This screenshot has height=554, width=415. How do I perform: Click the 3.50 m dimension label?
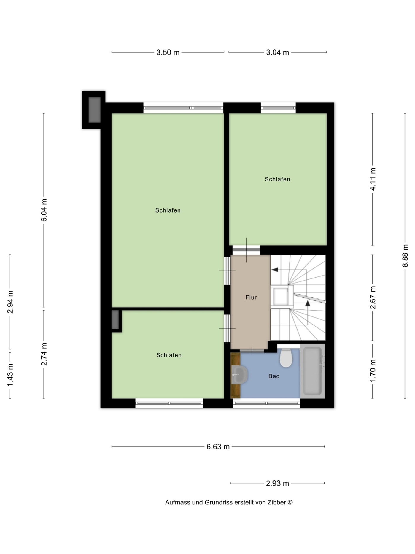(x=168, y=53)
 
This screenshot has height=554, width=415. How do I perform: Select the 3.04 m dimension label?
(x=277, y=53)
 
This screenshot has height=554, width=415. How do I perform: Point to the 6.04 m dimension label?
(x=44, y=210)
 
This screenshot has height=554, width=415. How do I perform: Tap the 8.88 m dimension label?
(x=405, y=256)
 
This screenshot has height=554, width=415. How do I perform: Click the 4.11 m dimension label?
(x=373, y=179)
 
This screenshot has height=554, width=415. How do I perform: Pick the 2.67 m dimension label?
(x=373, y=297)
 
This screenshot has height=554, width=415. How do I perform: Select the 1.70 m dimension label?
(x=373, y=371)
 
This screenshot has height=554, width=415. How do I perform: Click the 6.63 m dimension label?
(x=218, y=447)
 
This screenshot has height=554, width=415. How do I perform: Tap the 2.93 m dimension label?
(x=277, y=483)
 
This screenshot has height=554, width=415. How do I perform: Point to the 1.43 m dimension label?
(x=10, y=375)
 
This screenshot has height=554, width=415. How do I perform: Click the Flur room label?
(x=251, y=297)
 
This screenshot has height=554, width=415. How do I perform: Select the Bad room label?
(x=274, y=376)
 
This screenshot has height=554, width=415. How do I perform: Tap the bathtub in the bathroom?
(x=312, y=371)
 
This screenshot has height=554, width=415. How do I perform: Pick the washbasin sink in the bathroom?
(x=239, y=375)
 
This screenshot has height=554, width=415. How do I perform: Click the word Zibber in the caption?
(x=277, y=502)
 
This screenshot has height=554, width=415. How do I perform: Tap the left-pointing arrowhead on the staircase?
(x=275, y=270)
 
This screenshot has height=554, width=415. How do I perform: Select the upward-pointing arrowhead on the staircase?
(x=308, y=303)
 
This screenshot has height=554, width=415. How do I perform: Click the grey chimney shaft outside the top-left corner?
(x=94, y=110)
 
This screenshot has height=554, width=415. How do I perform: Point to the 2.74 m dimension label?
(x=44, y=354)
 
